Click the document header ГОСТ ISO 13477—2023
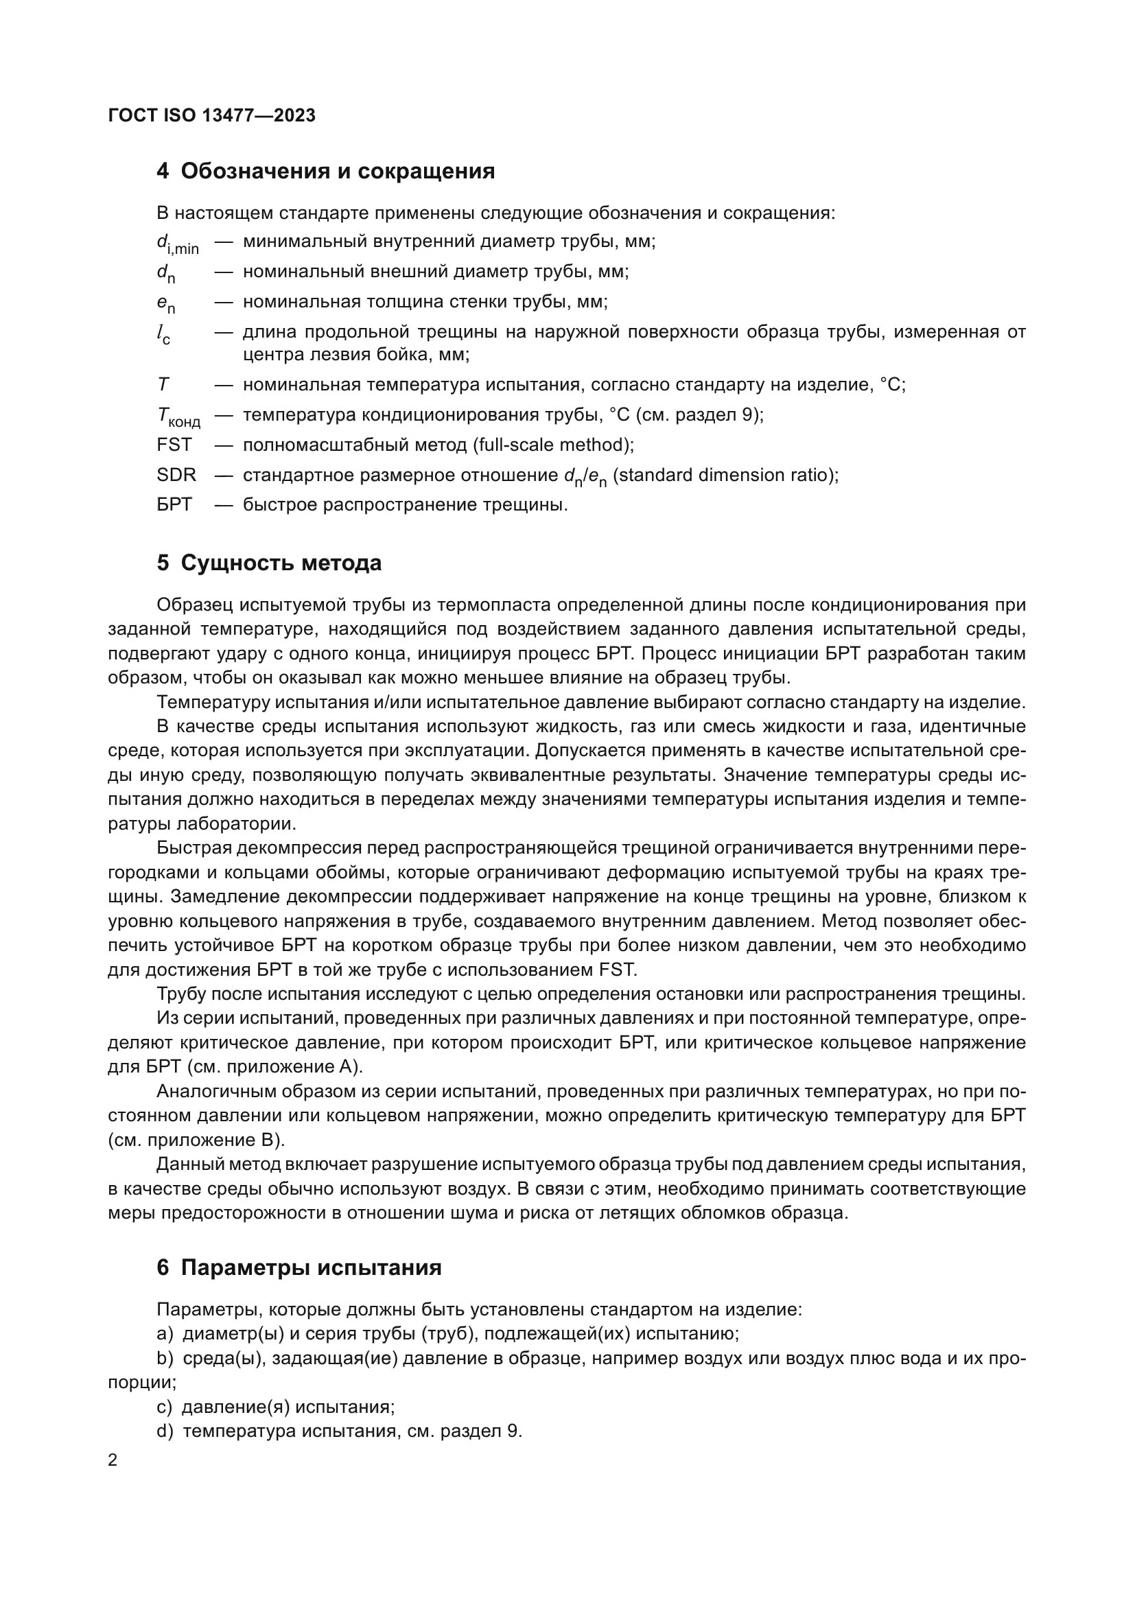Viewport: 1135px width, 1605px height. click(x=212, y=115)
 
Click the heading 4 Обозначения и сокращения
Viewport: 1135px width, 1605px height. click(x=326, y=172)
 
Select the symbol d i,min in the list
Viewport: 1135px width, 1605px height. click(x=178, y=244)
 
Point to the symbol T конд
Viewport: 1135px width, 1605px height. click(x=178, y=417)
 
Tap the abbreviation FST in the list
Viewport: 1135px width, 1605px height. click(x=174, y=445)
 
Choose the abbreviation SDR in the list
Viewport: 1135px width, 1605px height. click(x=176, y=475)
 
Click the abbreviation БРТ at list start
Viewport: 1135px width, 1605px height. click(x=174, y=504)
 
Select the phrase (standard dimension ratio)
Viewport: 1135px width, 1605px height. click(x=725, y=475)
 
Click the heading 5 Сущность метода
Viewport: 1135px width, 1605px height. click(x=269, y=563)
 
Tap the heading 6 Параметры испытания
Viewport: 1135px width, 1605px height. click(x=299, y=1267)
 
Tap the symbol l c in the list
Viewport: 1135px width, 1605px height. click(x=163, y=334)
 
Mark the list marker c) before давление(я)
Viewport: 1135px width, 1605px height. click(x=164, y=1407)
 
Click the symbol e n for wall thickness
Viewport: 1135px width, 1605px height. click(x=165, y=303)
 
